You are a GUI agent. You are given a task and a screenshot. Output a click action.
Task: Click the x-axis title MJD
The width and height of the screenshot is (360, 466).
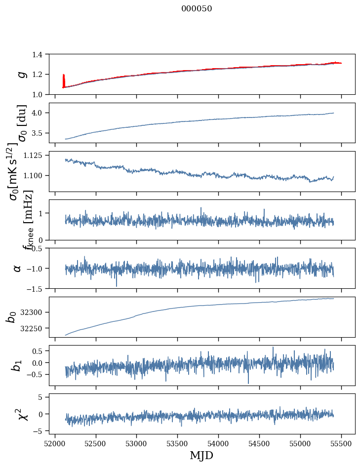click(x=201, y=455)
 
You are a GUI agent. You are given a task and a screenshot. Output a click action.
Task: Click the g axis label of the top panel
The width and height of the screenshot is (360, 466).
click(x=21, y=74)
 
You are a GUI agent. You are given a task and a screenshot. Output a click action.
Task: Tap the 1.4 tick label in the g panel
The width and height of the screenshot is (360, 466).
click(x=39, y=54)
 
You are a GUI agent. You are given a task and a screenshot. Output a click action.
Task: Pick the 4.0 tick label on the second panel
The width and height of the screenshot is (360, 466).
click(x=39, y=113)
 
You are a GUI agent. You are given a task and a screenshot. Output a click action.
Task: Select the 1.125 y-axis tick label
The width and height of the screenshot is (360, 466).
click(x=34, y=155)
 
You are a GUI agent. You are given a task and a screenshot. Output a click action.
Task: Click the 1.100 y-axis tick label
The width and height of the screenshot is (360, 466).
click(x=34, y=176)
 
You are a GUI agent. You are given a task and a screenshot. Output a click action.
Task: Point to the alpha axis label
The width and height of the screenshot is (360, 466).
click(x=18, y=268)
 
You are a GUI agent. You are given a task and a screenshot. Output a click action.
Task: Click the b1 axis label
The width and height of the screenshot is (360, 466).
click(x=18, y=366)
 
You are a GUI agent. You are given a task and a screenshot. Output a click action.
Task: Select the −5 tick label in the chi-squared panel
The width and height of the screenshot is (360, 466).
click(x=39, y=431)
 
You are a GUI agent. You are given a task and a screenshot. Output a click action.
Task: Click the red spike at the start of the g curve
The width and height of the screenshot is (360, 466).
click(x=64, y=79)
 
